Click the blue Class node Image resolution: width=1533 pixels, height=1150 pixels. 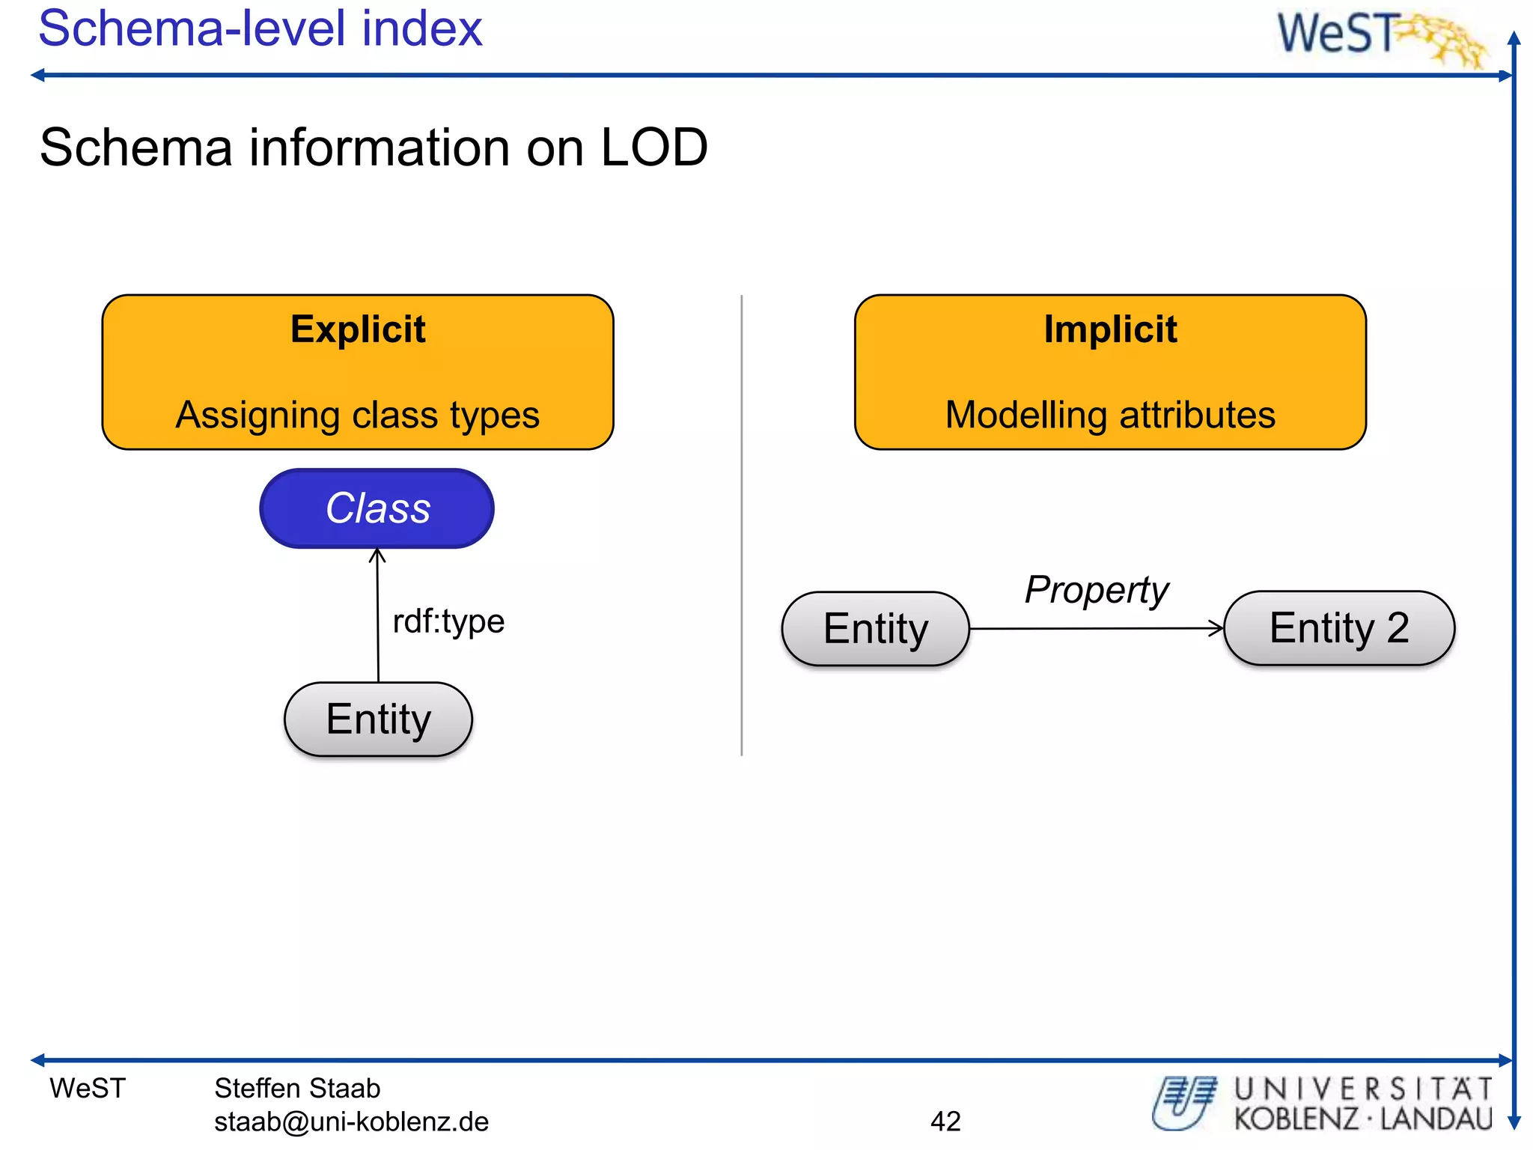pyautogui.click(x=377, y=508)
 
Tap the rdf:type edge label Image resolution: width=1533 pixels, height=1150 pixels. pyautogui.click(x=448, y=621)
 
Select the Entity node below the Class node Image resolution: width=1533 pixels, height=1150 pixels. pyautogui.click(x=378, y=719)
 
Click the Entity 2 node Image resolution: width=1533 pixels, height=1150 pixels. pyautogui.click(x=1339, y=628)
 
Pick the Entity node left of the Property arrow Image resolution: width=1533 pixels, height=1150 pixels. pyautogui.click(x=875, y=629)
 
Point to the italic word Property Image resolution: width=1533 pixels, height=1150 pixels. pyautogui.click(x=1096, y=590)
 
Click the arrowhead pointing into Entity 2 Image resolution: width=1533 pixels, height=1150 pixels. pyautogui.click(x=1217, y=628)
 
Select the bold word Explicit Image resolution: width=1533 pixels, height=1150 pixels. pyautogui.click(x=358, y=329)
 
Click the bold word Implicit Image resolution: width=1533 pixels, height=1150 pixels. pyautogui.click(x=1110, y=329)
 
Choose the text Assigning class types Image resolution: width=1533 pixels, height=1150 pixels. pyautogui.click(x=358, y=415)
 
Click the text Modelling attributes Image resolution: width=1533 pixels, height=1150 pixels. pyautogui.click(x=1110, y=415)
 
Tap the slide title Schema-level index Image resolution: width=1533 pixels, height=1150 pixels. pyautogui.click(x=260, y=28)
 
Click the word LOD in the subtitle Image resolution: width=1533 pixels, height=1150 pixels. pyautogui.click(x=654, y=147)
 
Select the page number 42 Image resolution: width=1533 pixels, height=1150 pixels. pyautogui.click(x=945, y=1121)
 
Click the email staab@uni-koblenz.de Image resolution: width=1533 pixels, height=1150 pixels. pyautogui.click(x=351, y=1122)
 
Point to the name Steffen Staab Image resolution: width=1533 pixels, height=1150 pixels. pyautogui.click(x=297, y=1088)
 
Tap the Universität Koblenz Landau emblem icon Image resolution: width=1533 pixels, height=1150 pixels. pyautogui.click(x=1183, y=1102)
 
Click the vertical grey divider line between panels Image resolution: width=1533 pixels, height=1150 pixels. pyautogui.click(x=742, y=524)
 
